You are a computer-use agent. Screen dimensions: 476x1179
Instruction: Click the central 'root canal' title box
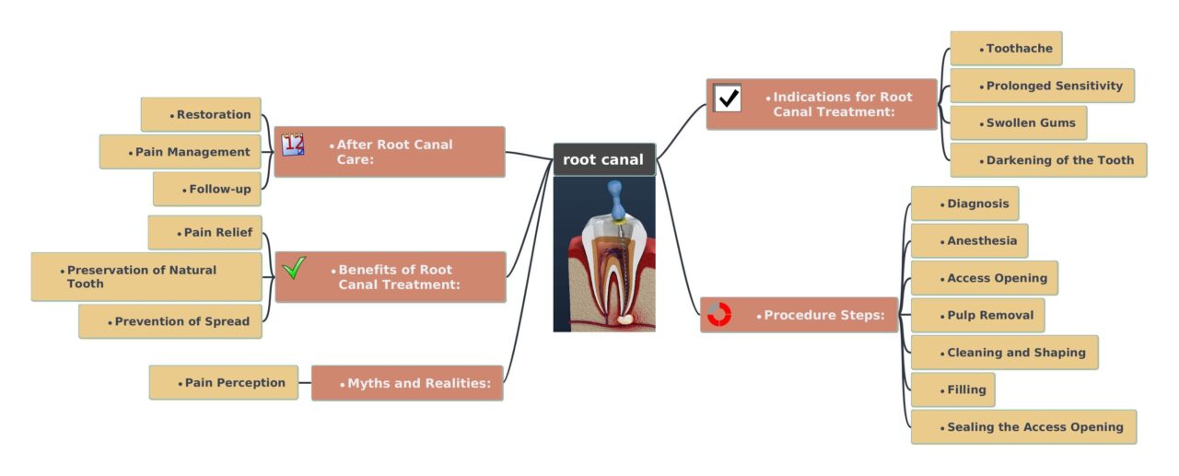[603, 159]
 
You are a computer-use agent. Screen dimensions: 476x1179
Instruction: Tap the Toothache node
[1006, 49]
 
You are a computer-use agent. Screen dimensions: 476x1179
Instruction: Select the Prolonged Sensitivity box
[1042, 86]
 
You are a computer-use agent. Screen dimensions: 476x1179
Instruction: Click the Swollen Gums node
[1018, 122]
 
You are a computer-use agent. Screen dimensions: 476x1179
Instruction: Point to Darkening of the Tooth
[1048, 160]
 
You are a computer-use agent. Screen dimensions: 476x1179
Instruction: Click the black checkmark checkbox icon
[728, 98]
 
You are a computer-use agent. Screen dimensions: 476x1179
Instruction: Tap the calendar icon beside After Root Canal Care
[293, 145]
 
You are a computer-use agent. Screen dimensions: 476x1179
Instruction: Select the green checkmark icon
[294, 268]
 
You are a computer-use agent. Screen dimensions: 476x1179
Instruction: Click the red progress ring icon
[718, 314]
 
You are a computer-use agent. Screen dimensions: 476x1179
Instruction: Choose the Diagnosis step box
[964, 203]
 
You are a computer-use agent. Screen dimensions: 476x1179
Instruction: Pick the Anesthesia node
[969, 241]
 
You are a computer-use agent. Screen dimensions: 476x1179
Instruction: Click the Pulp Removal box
[977, 315]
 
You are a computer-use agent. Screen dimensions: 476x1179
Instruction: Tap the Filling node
[952, 389]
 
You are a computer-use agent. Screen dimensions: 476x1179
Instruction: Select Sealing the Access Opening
[1023, 427]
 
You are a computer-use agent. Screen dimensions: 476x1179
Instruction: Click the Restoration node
[201, 115]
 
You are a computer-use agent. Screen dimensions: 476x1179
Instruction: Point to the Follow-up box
[207, 190]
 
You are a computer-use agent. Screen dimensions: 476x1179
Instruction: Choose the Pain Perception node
[224, 382]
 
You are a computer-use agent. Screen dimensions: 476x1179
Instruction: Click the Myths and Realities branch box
[407, 383]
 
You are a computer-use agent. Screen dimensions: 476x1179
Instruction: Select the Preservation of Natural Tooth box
[146, 277]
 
